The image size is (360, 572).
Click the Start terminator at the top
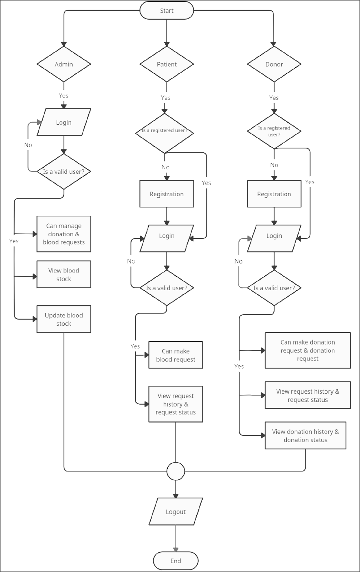pyautogui.click(x=167, y=11)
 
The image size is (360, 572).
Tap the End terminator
pyautogui.click(x=176, y=561)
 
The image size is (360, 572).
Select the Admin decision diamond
pyautogui.click(x=64, y=64)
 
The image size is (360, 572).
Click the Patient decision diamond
pyautogui.click(x=167, y=64)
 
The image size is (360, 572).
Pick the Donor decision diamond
pyautogui.click(x=274, y=64)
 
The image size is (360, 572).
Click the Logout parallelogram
pyautogui.click(x=176, y=512)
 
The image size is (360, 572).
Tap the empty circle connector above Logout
pyautogui.click(x=176, y=472)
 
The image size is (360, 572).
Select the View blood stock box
pyautogui.click(x=64, y=275)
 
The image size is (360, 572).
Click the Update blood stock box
pyautogui.click(x=64, y=319)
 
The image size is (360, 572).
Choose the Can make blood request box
pyautogui.click(x=176, y=355)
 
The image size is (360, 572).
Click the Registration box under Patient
pyautogui.click(x=167, y=194)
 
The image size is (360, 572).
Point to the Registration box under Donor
pyautogui.click(x=274, y=194)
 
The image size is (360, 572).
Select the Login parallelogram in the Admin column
pyautogui.click(x=64, y=122)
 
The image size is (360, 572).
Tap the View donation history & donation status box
pyautogui.click(x=305, y=435)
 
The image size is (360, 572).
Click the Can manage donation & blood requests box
pyautogui.click(x=64, y=234)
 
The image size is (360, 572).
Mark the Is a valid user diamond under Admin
pyautogui.click(x=64, y=172)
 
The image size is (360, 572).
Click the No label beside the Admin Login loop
pyautogui.click(x=28, y=145)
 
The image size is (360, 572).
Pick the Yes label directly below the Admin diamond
pyautogui.click(x=63, y=95)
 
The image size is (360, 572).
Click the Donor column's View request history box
pyautogui.click(x=307, y=395)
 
